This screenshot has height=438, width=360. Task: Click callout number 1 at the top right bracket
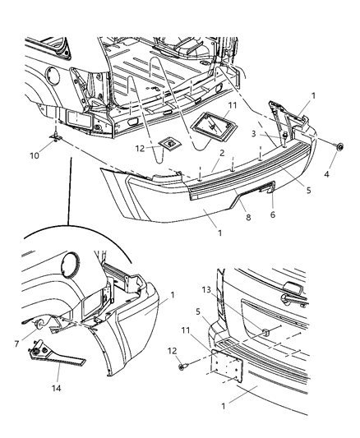(312, 96)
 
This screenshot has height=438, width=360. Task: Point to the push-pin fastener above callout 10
(54, 136)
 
